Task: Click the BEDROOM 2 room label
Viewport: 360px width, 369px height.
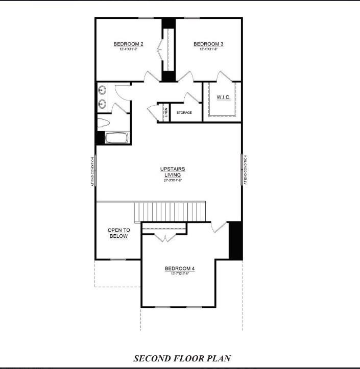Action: click(x=128, y=44)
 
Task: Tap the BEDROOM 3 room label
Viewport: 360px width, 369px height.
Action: click(x=208, y=44)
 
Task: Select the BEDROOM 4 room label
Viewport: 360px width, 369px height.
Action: click(x=180, y=268)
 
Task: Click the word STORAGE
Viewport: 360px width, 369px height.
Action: click(x=184, y=112)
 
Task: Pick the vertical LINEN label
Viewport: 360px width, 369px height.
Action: click(x=165, y=113)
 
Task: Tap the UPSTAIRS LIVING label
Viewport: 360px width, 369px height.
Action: click(x=172, y=171)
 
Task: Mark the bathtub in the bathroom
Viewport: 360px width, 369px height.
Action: click(x=117, y=138)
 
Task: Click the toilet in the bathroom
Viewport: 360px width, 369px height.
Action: click(x=104, y=123)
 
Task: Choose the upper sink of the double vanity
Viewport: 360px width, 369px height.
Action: click(x=102, y=91)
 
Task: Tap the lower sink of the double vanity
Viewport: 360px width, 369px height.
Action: click(x=102, y=104)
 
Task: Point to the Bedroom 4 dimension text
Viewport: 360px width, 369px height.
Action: click(x=180, y=274)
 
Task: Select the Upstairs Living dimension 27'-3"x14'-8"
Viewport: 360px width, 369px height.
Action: click(x=172, y=180)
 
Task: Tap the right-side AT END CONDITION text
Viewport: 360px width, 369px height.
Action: click(x=246, y=170)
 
